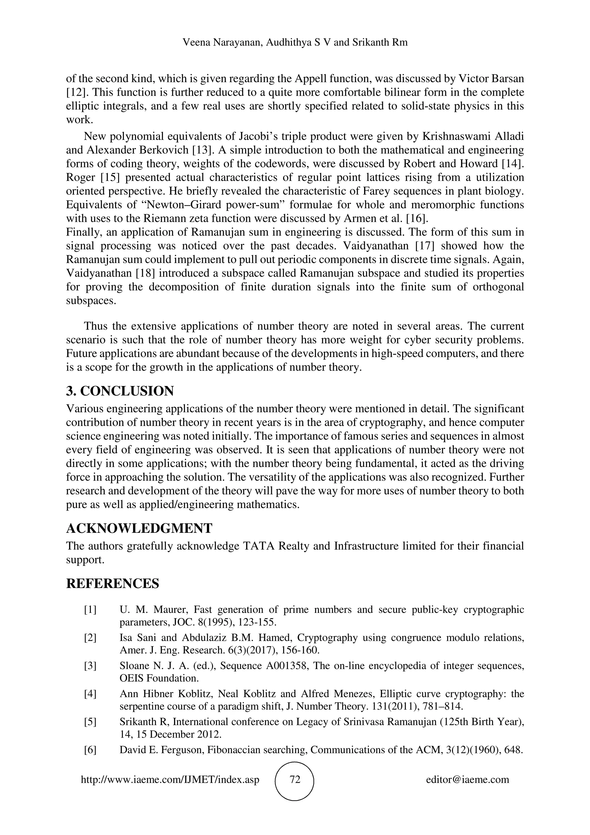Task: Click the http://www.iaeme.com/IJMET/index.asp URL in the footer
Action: (x=170, y=779)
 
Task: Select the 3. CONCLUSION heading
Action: (x=120, y=391)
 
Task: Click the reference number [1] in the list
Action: (x=90, y=609)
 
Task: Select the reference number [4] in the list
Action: (x=90, y=694)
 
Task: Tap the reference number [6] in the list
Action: (x=90, y=750)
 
